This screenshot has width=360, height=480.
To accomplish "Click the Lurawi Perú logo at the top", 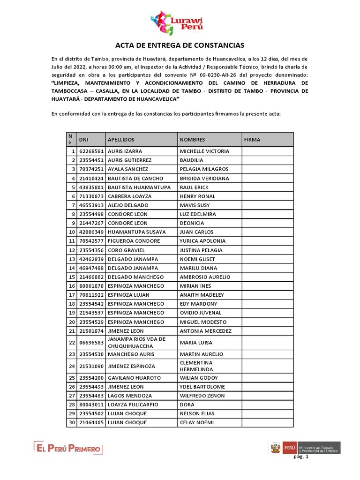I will (x=180, y=22).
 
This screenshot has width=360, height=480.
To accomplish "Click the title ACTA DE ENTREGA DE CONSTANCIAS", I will (x=180, y=45).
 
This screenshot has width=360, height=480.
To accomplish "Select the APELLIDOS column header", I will (x=121, y=140).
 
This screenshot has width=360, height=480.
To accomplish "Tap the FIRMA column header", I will (x=252, y=140).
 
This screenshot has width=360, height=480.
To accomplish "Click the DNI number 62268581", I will (x=91, y=151).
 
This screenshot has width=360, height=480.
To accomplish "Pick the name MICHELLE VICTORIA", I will (x=204, y=151).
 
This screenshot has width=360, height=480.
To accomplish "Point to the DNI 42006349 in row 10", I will (x=91, y=232).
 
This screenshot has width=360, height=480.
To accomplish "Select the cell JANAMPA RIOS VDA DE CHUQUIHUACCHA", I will (x=136, y=343).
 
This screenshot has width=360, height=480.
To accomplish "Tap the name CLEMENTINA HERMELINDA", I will (x=196, y=366).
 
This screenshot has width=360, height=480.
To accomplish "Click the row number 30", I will (x=72, y=422).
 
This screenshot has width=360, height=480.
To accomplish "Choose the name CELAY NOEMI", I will (x=196, y=422).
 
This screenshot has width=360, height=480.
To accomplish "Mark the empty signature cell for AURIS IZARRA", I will (x=267, y=151).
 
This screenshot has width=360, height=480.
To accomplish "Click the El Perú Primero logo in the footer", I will (x=68, y=449).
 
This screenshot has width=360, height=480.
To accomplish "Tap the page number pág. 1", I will (x=301, y=457).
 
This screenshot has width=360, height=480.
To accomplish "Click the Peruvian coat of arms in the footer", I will (x=275, y=448).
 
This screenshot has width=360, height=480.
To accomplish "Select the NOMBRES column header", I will (x=192, y=140).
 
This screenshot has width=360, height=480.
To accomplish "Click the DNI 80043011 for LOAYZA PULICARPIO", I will (x=91, y=405).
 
